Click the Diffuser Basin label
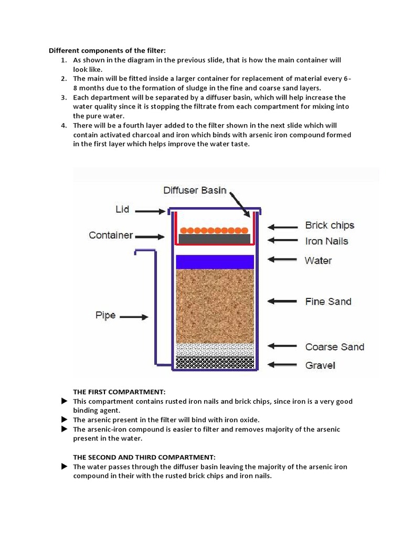pyautogui.click(x=195, y=190)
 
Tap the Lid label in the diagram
pyautogui.click(x=122, y=209)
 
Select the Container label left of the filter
pyautogui.click(x=111, y=235)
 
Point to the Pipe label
pyautogui.click(x=105, y=316)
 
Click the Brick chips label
pyautogui.click(x=330, y=225)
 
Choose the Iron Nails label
pyautogui.click(x=326, y=241)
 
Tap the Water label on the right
pyautogui.click(x=318, y=260)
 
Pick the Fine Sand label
pyautogui.click(x=328, y=302)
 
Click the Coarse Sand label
pyautogui.click(x=334, y=347)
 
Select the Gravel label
pyautogui.click(x=320, y=365)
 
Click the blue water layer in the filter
pyautogui.click(x=215, y=261)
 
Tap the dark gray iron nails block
pyautogui.click(x=214, y=239)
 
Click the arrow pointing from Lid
pyautogui.click(x=152, y=211)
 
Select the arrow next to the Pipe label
pyautogui.click(x=137, y=317)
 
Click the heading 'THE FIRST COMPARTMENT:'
pyautogui.click(x=119, y=392)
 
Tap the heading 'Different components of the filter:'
pyautogui.click(x=107, y=51)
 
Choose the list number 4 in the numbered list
pyautogui.click(x=63, y=125)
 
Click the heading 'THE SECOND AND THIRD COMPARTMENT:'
pyautogui.click(x=144, y=457)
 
